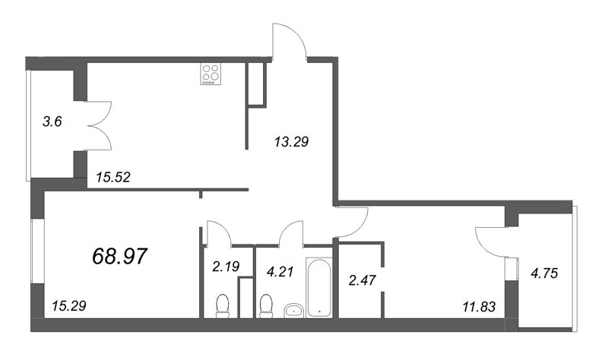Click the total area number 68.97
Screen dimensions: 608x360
click(120, 257)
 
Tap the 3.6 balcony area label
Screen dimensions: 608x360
click(52, 122)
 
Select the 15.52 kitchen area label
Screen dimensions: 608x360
click(112, 178)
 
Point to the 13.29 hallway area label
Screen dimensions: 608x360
click(291, 142)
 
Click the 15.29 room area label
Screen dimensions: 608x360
click(69, 306)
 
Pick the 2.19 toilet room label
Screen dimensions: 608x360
click(226, 267)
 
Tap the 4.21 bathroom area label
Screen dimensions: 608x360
click(280, 272)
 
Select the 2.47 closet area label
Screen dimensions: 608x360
click(363, 279)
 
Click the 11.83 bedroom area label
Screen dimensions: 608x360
click(479, 307)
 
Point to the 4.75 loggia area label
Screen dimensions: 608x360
click(544, 273)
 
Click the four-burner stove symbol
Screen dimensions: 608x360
click(211, 74)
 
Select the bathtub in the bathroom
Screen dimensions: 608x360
click(318, 288)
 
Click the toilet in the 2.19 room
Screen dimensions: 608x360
click(223, 306)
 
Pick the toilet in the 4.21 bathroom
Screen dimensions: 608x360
click(266, 306)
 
